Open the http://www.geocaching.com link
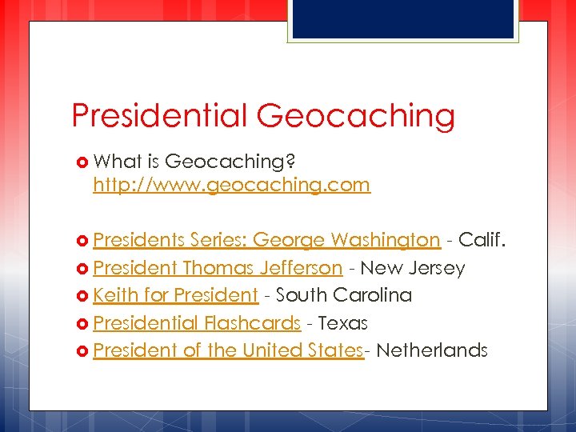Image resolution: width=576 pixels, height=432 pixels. coord(231,186)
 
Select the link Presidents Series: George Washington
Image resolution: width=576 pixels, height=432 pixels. coord(266,240)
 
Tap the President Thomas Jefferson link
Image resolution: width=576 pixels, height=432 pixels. coord(218,268)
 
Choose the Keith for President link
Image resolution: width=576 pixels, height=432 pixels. coord(175,295)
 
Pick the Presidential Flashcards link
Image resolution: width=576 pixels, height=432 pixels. coord(197,323)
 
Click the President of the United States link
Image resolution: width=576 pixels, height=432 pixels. coord(228,350)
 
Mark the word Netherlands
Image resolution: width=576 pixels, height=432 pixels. coord(431,350)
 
